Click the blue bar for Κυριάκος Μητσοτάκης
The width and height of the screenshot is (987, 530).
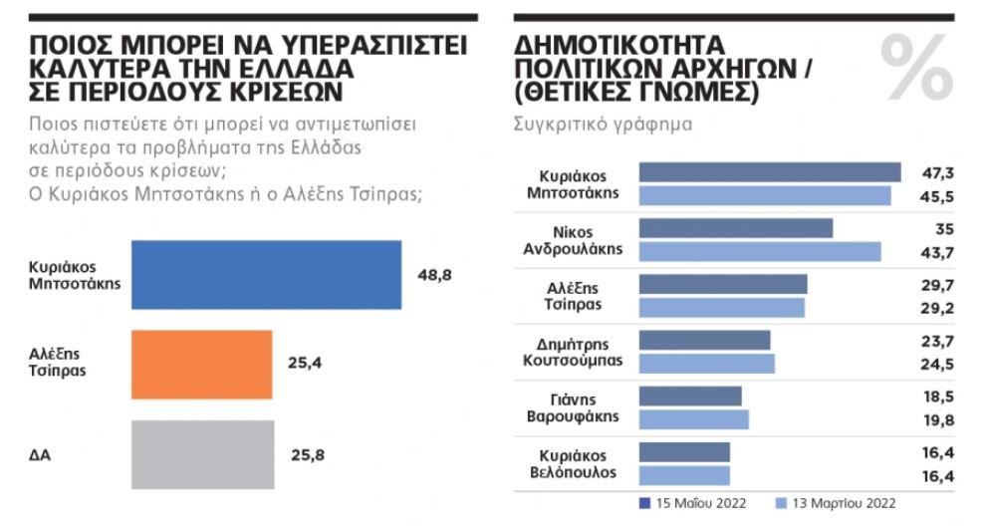click(x=266, y=275)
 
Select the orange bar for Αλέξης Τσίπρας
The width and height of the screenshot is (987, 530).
click(x=201, y=365)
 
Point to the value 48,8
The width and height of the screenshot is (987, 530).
click(x=435, y=275)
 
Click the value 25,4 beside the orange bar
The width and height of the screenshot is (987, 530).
click(x=304, y=365)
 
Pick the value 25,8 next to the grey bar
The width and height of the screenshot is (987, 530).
click(x=306, y=455)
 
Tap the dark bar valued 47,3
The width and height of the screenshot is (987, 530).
click(x=769, y=172)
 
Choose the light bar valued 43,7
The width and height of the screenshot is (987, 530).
click(x=759, y=251)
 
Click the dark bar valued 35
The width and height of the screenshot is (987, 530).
click(x=735, y=228)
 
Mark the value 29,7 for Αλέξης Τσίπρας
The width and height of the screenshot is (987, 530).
click(x=938, y=285)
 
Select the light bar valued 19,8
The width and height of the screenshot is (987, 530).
click(x=693, y=419)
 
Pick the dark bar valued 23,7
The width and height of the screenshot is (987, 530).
click(x=704, y=340)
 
